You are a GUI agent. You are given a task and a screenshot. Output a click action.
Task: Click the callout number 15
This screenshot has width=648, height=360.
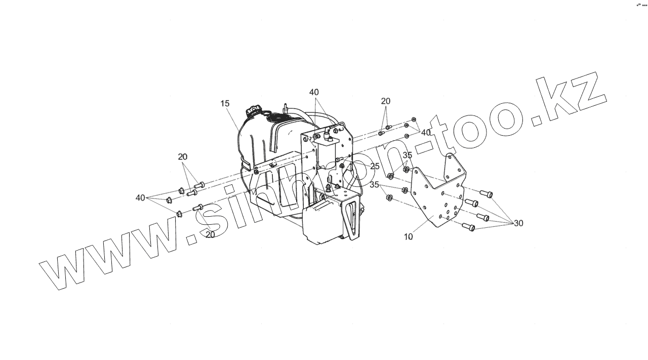click(x=225, y=103)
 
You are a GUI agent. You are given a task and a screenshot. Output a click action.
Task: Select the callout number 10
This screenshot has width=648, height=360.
click(x=409, y=236)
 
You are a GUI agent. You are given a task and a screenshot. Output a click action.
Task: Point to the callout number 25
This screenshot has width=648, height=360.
click(x=375, y=166)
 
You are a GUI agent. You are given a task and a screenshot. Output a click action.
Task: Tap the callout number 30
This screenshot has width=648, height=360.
click(x=518, y=223)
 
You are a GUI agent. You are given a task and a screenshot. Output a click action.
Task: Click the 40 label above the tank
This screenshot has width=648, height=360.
click(x=314, y=92)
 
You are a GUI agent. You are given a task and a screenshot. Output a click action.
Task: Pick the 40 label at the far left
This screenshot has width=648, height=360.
click(x=140, y=197)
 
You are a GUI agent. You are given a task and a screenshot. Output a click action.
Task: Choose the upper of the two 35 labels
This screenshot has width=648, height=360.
click(x=408, y=155)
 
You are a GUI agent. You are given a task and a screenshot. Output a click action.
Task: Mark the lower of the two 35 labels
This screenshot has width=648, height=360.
click(x=374, y=185)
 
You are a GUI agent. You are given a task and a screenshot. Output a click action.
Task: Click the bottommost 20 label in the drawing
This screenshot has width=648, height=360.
click(x=210, y=235)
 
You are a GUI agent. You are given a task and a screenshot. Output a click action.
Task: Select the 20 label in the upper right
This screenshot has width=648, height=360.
click(x=386, y=101)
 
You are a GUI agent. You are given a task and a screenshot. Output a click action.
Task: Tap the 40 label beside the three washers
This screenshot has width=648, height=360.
click(x=426, y=132)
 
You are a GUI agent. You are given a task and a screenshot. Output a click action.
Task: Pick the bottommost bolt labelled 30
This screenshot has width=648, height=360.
click(x=468, y=227)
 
